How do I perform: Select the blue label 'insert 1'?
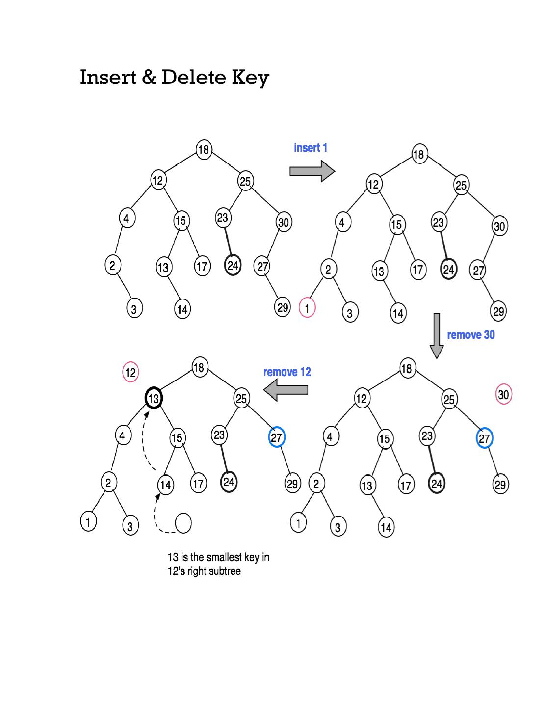[x=311, y=148]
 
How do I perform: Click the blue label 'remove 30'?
[x=471, y=335]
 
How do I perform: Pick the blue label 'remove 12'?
[x=287, y=372]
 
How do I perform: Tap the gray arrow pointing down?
[x=437, y=336]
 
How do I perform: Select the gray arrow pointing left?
[x=286, y=390]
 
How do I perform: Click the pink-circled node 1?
[x=307, y=309]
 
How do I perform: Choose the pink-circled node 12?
[x=130, y=373]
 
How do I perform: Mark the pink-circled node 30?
[x=504, y=395]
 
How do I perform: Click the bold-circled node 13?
[x=154, y=398]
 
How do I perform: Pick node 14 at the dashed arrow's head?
[x=165, y=485]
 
